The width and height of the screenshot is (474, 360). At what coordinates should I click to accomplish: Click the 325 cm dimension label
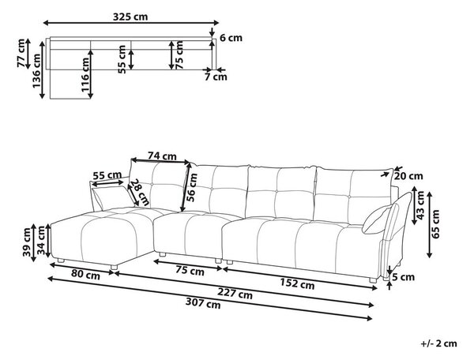(130, 17)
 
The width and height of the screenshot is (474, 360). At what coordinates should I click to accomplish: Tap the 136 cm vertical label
(36, 71)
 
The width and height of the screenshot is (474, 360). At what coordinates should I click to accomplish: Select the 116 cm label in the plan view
(85, 74)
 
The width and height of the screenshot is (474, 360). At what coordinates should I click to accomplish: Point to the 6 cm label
(231, 38)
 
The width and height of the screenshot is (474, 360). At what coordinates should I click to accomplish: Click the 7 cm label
(216, 77)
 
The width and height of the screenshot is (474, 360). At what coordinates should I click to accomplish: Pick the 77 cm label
(21, 53)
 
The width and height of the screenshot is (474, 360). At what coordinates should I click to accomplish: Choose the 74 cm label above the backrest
(162, 156)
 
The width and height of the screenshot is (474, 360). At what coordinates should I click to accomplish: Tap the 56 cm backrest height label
(192, 187)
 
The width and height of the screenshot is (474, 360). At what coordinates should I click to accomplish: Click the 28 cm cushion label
(140, 193)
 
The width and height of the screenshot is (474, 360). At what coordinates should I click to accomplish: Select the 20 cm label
(408, 176)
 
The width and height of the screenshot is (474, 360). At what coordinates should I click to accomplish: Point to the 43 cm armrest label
(420, 205)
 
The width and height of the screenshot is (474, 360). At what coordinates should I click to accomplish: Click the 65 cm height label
(435, 224)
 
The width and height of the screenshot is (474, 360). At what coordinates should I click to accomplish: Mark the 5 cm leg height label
(404, 277)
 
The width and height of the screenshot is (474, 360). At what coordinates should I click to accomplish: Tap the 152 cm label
(297, 283)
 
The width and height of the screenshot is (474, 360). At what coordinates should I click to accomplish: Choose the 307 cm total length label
(203, 303)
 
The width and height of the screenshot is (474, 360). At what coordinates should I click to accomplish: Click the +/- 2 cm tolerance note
(438, 343)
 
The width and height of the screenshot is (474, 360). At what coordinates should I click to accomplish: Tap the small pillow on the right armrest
(378, 219)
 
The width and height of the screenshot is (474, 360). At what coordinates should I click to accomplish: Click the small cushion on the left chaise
(112, 198)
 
